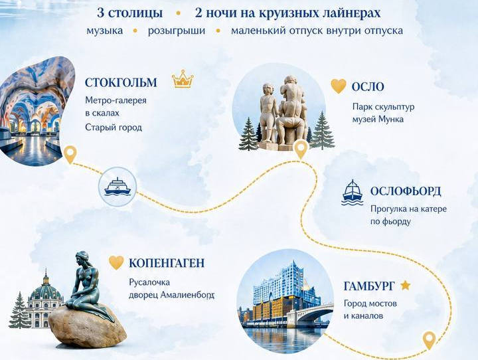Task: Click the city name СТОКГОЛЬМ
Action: point(121,82)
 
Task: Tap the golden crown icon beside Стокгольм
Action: point(183,79)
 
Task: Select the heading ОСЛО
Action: point(368,87)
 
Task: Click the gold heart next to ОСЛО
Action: point(339,86)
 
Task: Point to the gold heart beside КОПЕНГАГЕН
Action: point(116,262)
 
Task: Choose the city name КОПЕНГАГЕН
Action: point(167,263)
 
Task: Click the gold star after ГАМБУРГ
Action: point(405,286)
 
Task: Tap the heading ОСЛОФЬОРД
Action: point(406,191)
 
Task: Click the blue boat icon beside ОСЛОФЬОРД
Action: point(352,193)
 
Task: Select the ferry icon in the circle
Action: point(118,187)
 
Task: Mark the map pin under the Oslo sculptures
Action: point(301,149)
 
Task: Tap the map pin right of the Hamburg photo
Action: point(430,341)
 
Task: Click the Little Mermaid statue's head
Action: point(82,257)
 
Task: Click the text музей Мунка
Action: point(378,120)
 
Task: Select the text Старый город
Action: point(114,128)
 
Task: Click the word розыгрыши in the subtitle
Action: point(177,31)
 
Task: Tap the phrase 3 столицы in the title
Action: point(130,13)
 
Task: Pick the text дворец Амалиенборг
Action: point(171,296)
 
